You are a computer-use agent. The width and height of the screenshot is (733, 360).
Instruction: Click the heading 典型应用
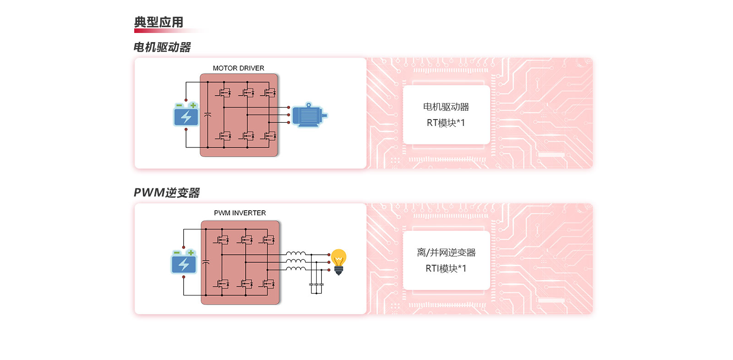[x=159, y=22]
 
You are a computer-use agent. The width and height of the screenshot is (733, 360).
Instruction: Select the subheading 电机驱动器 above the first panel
[x=162, y=47]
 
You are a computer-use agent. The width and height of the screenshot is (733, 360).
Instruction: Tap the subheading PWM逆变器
[x=167, y=192]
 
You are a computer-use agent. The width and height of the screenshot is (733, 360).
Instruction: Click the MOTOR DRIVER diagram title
[x=239, y=68]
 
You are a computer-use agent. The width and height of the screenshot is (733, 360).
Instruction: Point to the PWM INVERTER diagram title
[x=240, y=213]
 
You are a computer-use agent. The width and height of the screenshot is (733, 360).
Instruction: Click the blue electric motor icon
[x=310, y=115]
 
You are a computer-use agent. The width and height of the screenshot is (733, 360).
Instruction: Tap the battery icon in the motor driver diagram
[x=186, y=114]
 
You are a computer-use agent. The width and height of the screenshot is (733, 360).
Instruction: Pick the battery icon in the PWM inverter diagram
[x=184, y=262]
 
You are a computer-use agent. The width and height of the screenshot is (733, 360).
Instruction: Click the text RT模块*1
[x=446, y=123]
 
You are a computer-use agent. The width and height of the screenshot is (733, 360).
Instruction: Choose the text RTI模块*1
[x=446, y=268]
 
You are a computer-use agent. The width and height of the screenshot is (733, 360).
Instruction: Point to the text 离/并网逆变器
[x=446, y=252]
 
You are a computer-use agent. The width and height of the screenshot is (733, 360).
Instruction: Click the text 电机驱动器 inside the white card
[x=446, y=107]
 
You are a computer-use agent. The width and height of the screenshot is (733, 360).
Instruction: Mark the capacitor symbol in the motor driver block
[x=208, y=115]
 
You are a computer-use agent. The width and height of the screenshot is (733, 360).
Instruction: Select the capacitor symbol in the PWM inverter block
[x=206, y=262]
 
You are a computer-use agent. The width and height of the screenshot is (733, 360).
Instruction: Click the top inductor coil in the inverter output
[x=296, y=253]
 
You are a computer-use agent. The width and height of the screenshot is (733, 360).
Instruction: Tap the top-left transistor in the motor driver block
[x=224, y=93]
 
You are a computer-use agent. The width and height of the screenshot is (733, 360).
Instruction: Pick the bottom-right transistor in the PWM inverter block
[x=268, y=284]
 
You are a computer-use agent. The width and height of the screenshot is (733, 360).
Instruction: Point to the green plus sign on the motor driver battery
[x=193, y=105]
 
